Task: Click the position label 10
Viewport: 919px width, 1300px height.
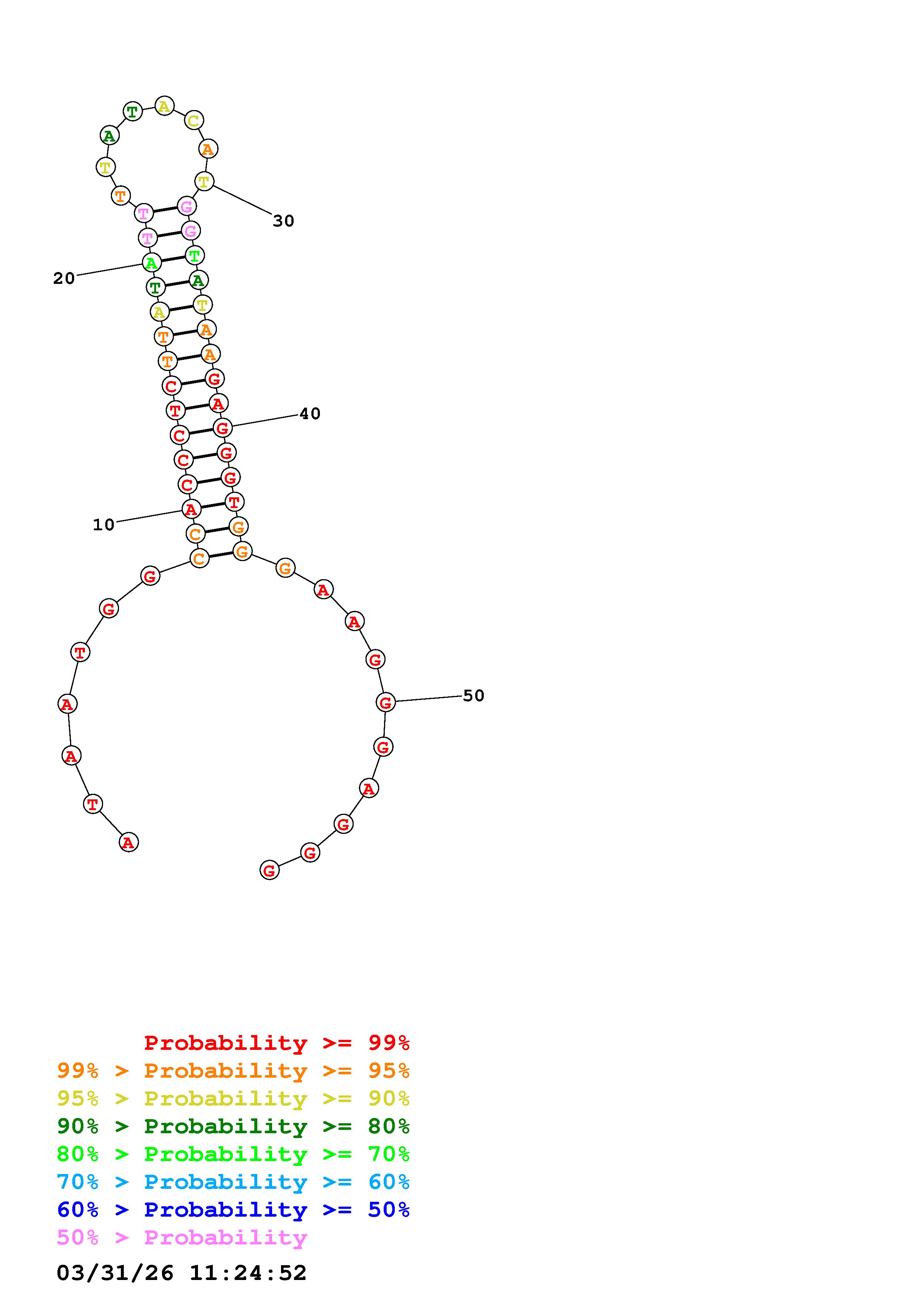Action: coord(104,525)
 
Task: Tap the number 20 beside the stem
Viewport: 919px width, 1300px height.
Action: coord(64,279)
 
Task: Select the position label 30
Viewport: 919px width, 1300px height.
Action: coord(284,221)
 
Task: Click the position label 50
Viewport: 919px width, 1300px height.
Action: coord(473,696)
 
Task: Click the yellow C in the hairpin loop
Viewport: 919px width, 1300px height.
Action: coord(193,120)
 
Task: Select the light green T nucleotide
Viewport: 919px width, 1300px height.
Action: coord(194,255)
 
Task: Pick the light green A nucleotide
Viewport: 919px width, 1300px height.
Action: coord(151,263)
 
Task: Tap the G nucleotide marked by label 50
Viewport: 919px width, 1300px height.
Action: coord(386,703)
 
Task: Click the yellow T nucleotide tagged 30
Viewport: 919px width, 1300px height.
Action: coord(204,182)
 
